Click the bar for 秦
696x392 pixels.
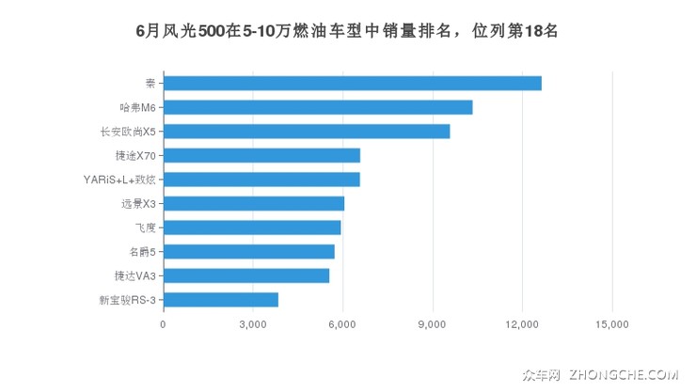(x=353, y=84)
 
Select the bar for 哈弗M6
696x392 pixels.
(x=318, y=107)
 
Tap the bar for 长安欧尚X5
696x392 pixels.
(x=307, y=132)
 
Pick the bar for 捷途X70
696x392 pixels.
(x=261, y=155)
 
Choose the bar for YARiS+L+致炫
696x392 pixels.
(x=261, y=180)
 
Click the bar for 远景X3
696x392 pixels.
(x=254, y=203)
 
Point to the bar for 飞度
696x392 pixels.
(x=252, y=227)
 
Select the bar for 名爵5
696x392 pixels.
(x=249, y=251)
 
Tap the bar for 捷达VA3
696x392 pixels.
(x=246, y=275)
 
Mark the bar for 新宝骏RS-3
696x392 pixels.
(x=221, y=299)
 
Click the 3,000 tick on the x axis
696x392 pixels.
(x=253, y=324)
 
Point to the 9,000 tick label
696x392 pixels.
(x=433, y=324)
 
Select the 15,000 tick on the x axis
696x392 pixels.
(x=612, y=324)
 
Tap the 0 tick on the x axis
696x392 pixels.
(x=164, y=324)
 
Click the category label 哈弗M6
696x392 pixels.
(x=137, y=108)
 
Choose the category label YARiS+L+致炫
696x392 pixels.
(x=119, y=180)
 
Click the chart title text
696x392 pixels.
(x=348, y=30)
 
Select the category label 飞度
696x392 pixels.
(x=144, y=227)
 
